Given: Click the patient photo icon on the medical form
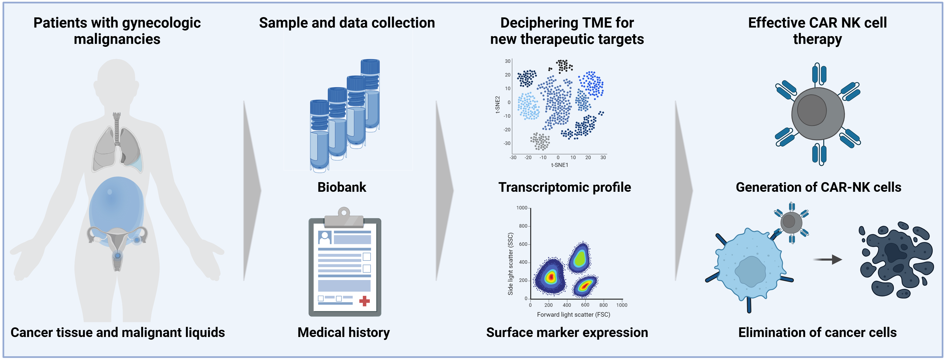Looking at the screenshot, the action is (325, 237).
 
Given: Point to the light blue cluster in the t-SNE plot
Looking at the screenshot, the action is (528, 106).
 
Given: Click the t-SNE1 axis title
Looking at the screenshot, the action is (559, 165).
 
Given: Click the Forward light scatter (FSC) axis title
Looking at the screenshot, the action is (573, 315).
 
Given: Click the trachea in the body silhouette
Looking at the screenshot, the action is (117, 129).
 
